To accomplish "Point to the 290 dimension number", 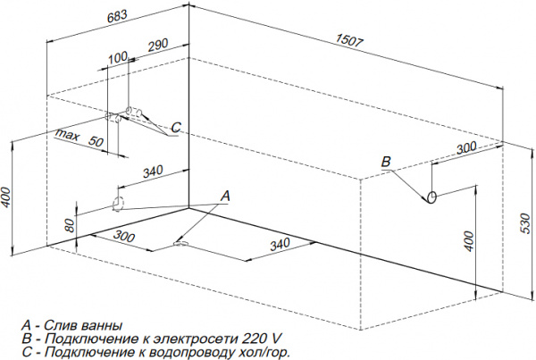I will click(x=155, y=44).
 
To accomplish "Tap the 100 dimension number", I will click(x=117, y=58).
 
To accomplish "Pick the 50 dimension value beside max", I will click(x=97, y=141).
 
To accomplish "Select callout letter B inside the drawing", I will click(x=386, y=162).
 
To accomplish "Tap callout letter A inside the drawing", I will click(x=225, y=195).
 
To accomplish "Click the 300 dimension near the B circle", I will click(x=465, y=148).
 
